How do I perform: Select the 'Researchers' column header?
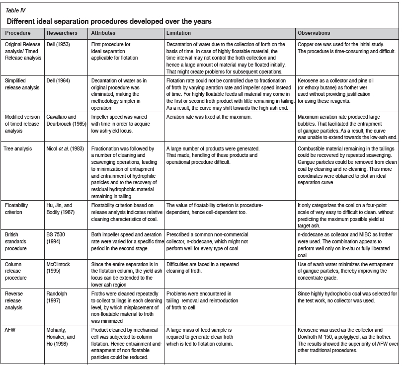coord(61,33)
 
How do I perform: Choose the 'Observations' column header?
coord(314,33)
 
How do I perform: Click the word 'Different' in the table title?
coord(23,21)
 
